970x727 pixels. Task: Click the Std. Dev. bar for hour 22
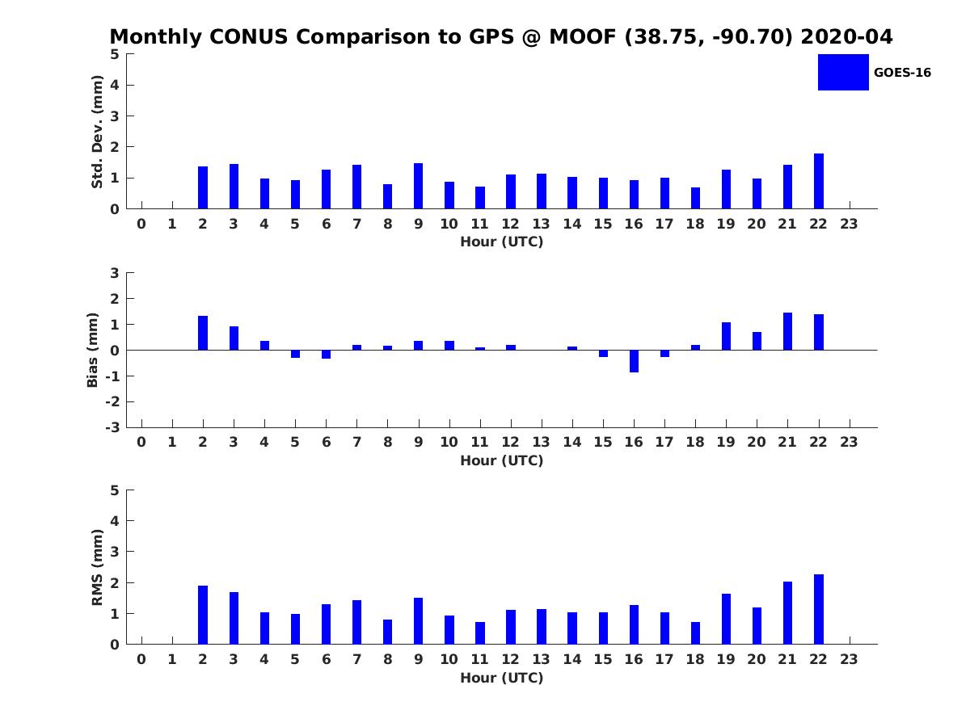pos(819,181)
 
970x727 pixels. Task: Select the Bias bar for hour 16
pos(634,361)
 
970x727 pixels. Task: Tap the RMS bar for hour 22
pos(819,609)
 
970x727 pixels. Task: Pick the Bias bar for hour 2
pos(203,333)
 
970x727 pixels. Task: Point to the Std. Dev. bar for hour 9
pos(419,186)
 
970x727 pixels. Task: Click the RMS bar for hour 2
pos(203,615)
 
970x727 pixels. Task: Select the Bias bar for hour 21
pos(788,331)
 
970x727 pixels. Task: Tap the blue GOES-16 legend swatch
pos(843,72)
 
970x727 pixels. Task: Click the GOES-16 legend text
pos(902,73)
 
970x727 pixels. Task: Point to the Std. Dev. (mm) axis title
pos(97,132)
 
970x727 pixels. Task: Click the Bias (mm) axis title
pos(93,350)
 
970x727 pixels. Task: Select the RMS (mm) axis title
pos(97,567)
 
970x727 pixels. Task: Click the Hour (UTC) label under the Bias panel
pos(502,460)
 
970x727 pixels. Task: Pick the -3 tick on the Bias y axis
pos(114,427)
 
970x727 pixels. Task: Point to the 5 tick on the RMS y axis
pos(116,490)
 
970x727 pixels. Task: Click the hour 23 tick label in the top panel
pos(849,224)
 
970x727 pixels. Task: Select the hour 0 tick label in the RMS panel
pos(141,659)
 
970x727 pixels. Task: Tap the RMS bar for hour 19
pos(726,619)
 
